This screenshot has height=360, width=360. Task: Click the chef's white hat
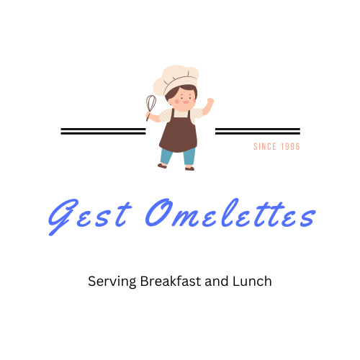click(x=176, y=79)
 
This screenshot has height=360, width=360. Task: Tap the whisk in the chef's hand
click(x=150, y=107)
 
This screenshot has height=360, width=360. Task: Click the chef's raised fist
click(x=210, y=102)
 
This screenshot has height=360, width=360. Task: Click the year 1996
click(x=291, y=146)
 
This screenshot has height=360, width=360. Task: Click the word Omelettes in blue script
click(x=230, y=213)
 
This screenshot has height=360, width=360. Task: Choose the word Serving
click(x=112, y=282)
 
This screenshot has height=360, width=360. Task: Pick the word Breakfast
click(x=171, y=281)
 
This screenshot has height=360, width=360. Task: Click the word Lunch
click(x=252, y=281)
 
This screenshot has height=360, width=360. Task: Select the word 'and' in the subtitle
click(x=217, y=281)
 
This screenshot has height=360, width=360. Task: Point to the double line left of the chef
click(x=103, y=131)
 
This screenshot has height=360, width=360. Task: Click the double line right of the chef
click(x=258, y=131)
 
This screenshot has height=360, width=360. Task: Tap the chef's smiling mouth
click(x=186, y=102)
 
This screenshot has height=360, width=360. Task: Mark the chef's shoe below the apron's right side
click(x=189, y=168)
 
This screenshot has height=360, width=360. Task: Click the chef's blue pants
click(x=178, y=156)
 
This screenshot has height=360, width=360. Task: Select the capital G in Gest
click(x=63, y=217)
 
